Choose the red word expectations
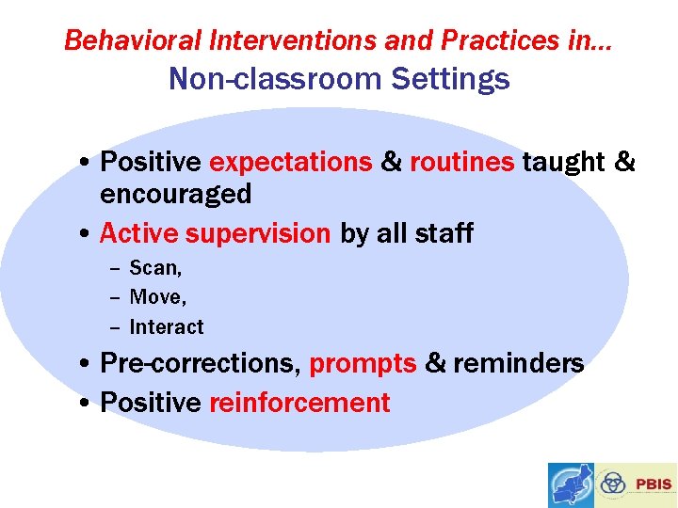pyautogui.click(x=290, y=163)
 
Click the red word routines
pyautogui.click(x=461, y=163)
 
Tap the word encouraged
pyautogui.click(x=175, y=195)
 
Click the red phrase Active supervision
pyautogui.click(x=215, y=232)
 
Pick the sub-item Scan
pyautogui.click(x=155, y=268)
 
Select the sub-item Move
pyautogui.click(x=157, y=297)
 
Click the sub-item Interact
pyautogui.click(x=166, y=327)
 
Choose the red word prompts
pyautogui.click(x=363, y=364)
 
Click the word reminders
pyautogui.click(x=519, y=363)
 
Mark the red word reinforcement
pyautogui.click(x=299, y=403)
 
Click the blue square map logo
pyautogui.click(x=572, y=484)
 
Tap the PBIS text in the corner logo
pyautogui.click(x=654, y=484)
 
